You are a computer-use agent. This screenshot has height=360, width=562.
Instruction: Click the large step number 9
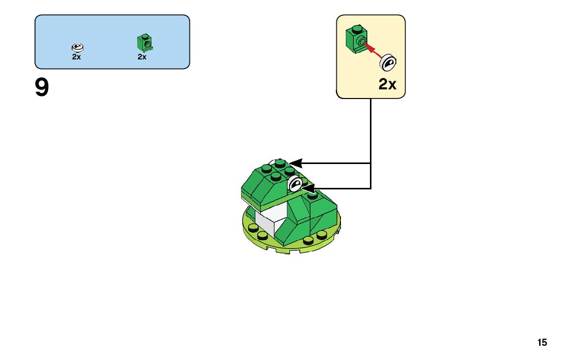[x=42, y=88]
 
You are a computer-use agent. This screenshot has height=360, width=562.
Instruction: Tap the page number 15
[x=542, y=343]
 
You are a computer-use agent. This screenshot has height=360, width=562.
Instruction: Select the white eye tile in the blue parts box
[x=77, y=48]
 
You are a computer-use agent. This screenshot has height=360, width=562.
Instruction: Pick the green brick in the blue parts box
[x=144, y=44]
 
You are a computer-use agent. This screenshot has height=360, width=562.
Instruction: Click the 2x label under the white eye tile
[x=76, y=57]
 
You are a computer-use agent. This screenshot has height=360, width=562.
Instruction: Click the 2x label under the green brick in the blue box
[x=142, y=57]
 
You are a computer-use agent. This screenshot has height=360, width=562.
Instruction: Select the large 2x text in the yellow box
[x=387, y=84]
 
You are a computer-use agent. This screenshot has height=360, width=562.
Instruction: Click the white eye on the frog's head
[x=295, y=184]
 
